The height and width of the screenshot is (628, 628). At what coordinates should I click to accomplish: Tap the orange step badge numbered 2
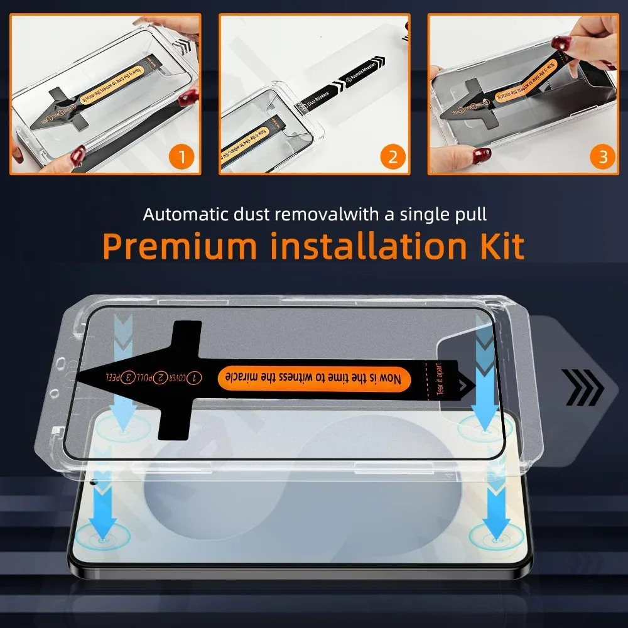click(x=392, y=156)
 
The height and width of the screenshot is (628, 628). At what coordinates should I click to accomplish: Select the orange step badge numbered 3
click(x=603, y=156)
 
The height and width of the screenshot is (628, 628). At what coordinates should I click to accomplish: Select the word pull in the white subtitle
click(x=469, y=214)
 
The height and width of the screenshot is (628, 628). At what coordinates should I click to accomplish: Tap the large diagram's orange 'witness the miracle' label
click(x=314, y=379)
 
